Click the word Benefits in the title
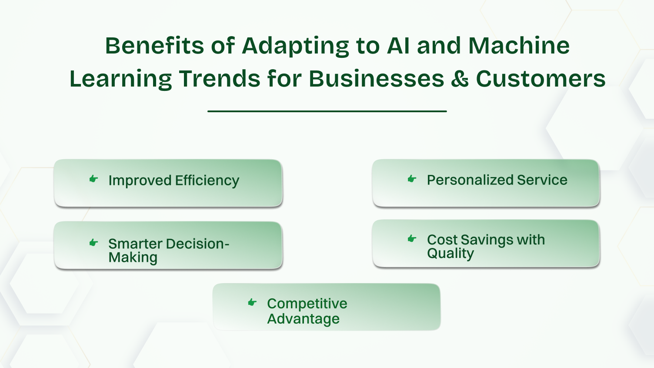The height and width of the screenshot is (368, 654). pos(154,46)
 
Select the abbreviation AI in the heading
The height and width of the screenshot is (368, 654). pos(398,46)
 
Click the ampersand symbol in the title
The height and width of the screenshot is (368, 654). pos(460,79)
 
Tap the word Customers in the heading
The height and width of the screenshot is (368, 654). pos(541,79)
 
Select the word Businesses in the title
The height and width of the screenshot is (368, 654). pos(377,79)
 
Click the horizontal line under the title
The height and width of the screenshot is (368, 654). pos(327,111)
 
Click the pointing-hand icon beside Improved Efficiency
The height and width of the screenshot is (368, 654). pos(93,179)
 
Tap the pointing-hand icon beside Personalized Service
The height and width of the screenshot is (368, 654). pos(412,179)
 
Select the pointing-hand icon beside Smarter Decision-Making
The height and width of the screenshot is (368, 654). pos(93,242)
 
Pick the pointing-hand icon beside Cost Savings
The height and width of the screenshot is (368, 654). pos(412,238)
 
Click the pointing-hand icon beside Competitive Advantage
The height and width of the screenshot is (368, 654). pos(252,302)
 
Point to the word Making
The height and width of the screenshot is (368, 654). pos(133,258)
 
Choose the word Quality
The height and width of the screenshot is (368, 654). pos(450,254)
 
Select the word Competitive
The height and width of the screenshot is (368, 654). pos(307,304)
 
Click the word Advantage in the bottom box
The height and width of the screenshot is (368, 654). pos(303,319)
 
